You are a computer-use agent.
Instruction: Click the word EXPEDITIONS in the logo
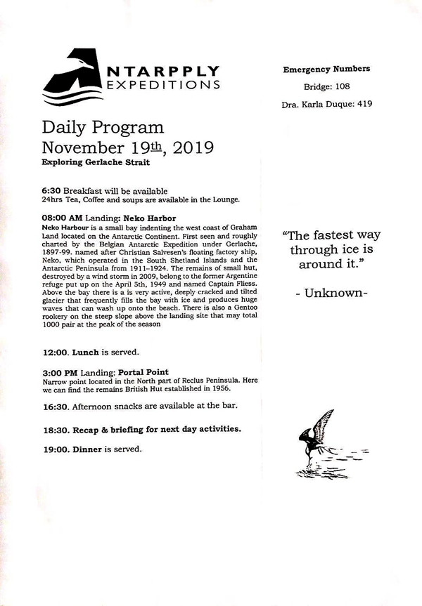(164, 85)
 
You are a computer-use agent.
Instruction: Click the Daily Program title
(103, 128)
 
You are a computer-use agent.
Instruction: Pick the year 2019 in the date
(188, 147)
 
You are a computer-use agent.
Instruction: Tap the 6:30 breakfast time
(51, 191)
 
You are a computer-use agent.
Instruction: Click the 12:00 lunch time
(56, 351)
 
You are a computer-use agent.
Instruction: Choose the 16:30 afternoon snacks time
(56, 407)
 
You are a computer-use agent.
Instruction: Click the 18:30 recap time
(56, 428)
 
